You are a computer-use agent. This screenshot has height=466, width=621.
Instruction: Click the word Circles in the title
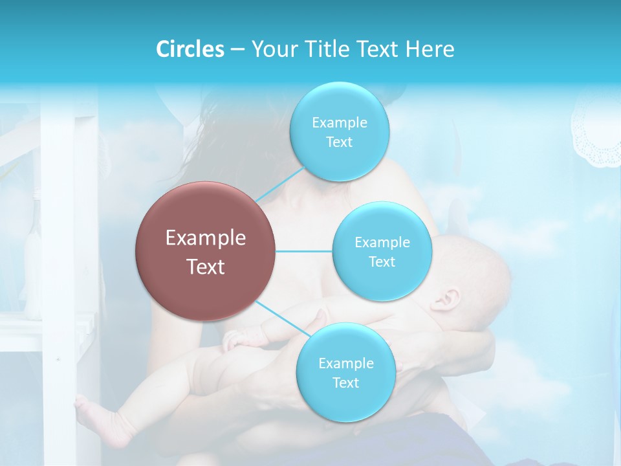[190, 49]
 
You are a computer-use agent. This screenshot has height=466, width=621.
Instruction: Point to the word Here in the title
[430, 49]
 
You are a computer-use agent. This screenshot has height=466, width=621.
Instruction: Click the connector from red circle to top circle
[279, 184]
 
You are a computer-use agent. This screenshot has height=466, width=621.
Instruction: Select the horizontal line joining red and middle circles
[303, 251]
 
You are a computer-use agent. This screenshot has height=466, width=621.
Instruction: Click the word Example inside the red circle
[206, 238]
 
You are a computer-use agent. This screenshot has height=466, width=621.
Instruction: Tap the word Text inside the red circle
[206, 267]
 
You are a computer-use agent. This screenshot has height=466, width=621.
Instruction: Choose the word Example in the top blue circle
[340, 123]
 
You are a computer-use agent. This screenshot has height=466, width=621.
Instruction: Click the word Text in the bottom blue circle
[345, 383]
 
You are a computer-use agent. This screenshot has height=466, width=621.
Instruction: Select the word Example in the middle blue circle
[382, 243]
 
